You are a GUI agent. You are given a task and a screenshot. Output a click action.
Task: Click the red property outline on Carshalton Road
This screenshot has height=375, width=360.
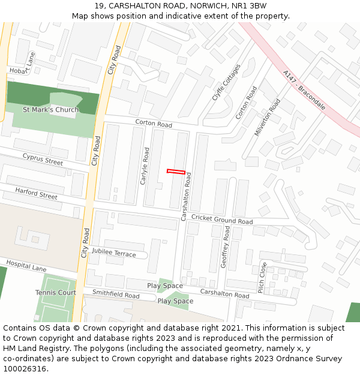pos(176,172)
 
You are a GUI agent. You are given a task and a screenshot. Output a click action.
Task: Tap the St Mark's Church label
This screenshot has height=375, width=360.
pos(50,110)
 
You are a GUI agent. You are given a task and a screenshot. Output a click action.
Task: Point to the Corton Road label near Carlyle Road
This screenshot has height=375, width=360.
pos(154,124)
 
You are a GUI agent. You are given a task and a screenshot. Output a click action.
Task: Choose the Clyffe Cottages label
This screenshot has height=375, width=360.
pos(226,82)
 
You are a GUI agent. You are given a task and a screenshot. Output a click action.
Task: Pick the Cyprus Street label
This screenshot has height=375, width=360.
pos(43,159)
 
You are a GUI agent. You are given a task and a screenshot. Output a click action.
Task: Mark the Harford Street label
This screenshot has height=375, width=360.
pos(36,193)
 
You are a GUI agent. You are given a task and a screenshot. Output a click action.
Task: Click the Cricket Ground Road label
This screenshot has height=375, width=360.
pos(222,220)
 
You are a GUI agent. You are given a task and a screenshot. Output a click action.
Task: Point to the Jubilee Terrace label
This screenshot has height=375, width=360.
pos(113,253)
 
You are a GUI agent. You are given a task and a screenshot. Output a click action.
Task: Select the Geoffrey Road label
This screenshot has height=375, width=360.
pos(226,255)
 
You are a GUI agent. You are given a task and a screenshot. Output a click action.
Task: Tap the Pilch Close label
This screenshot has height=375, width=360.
pos(262,277)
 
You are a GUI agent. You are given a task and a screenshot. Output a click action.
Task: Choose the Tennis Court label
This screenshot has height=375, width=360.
pos(55,292)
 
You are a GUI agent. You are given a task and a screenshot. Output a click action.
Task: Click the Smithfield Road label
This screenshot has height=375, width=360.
pos(116,295)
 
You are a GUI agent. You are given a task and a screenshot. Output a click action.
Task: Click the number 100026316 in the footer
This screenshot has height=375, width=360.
pos(23,369)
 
